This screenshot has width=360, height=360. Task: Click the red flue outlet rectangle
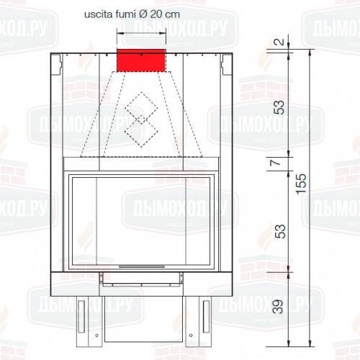click(x=141, y=60)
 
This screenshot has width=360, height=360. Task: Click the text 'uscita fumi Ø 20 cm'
click(x=132, y=14)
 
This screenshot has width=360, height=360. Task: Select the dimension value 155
click(x=301, y=184)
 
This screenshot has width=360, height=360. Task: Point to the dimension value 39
click(x=279, y=307)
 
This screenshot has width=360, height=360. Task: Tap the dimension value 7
click(x=276, y=163)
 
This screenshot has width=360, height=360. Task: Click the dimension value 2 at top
click(x=279, y=42)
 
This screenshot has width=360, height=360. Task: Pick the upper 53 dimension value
click(x=279, y=107)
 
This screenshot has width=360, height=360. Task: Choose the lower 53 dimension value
click(x=280, y=231)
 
